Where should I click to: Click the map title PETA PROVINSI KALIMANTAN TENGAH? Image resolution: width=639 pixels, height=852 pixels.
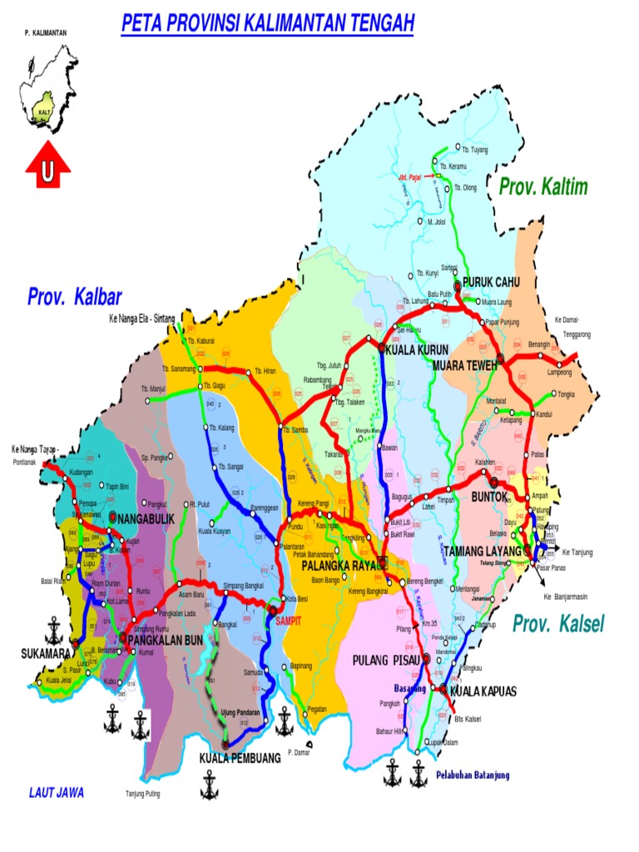point(267,24)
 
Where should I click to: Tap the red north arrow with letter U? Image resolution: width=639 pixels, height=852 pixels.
point(48,171)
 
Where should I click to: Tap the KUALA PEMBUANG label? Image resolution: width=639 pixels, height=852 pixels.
point(240,758)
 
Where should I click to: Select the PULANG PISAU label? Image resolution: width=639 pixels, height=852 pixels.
point(384,661)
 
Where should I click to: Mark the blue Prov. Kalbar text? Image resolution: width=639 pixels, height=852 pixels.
point(75,297)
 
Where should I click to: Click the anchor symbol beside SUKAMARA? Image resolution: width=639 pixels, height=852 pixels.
point(55,626)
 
